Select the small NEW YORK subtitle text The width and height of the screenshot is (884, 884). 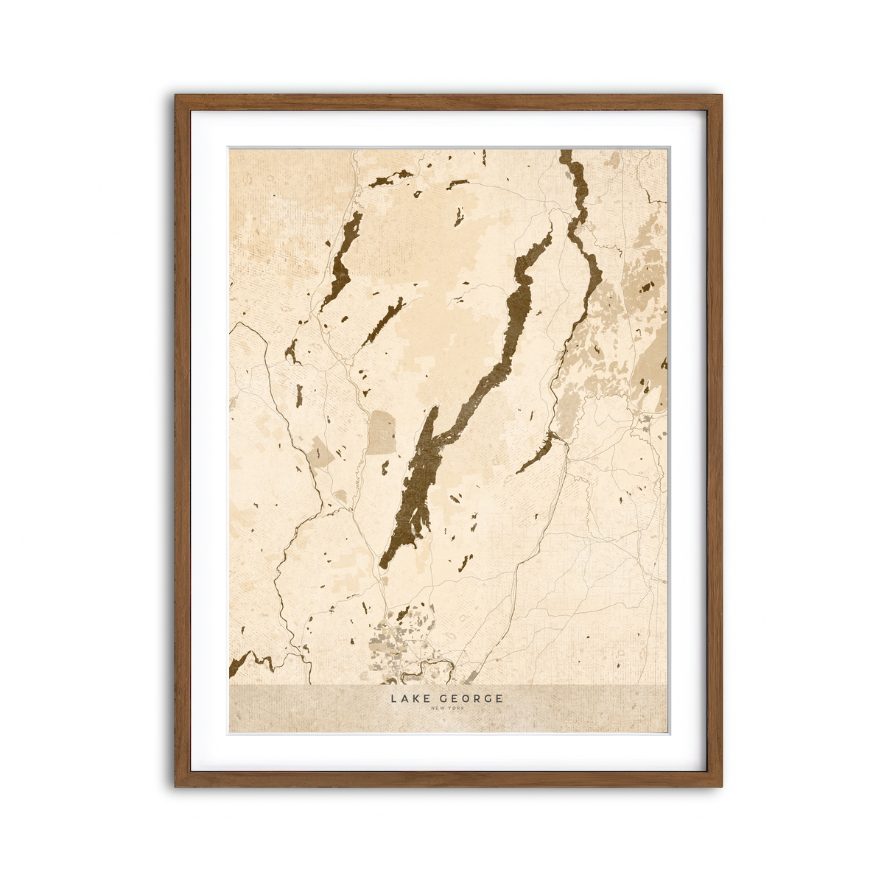(x=448, y=709)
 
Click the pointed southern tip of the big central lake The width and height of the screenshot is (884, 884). (x=382, y=566)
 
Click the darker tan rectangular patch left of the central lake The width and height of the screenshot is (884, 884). (x=382, y=432)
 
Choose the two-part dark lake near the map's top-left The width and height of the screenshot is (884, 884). (x=390, y=179)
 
